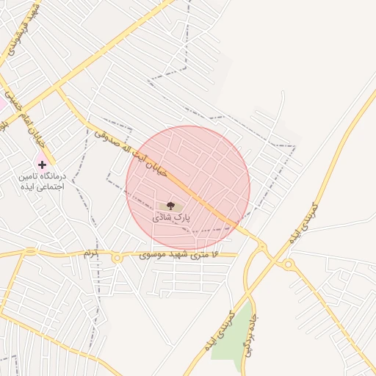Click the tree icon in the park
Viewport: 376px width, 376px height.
[171, 206]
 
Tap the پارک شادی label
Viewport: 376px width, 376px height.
[171, 218]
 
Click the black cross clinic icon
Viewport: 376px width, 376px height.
[42, 164]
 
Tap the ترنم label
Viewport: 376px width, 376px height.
[90, 253]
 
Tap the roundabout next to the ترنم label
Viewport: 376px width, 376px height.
[116, 258]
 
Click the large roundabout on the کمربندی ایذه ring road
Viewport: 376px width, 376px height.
[289, 264]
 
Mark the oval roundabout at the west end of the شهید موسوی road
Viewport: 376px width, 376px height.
[30, 253]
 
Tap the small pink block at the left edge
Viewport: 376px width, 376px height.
[2, 105]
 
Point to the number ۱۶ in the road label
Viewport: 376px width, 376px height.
[214, 254]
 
